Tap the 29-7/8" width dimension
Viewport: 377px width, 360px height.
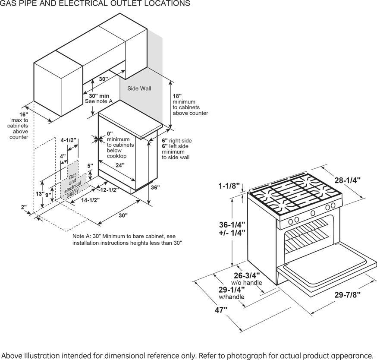coord(347,295)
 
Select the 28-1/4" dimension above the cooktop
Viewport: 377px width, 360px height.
coord(347,180)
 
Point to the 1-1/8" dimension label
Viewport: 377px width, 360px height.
coord(228,186)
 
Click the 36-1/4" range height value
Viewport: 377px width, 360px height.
coord(232,224)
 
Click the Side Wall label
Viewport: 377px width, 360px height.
coord(139,88)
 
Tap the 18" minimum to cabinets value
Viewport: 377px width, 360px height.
coord(177,96)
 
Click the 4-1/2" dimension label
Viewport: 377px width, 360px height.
coord(68,140)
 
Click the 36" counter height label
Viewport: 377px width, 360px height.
coord(155,188)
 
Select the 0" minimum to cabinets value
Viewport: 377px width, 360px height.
coord(110,133)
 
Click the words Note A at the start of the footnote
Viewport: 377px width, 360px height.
coord(81,237)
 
